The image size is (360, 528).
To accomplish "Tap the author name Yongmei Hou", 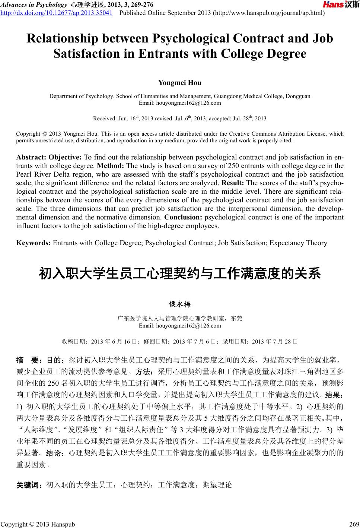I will coord(180,82).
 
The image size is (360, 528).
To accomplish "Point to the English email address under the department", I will coord(180,103).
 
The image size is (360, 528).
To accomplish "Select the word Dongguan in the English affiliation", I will coord(297,96).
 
